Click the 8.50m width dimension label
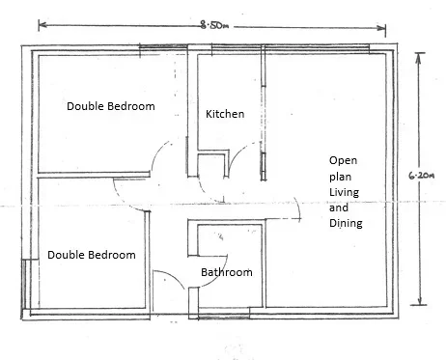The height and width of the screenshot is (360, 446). pos(214,25)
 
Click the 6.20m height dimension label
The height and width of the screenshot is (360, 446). pos(422,176)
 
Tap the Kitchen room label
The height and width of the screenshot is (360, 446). pos(225,114)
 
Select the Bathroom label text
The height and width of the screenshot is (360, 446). pos(227,272)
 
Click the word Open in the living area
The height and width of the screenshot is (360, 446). pos(343,160)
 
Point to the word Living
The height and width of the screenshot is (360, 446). pos(344,192)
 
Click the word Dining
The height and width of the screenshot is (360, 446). pos(346,223)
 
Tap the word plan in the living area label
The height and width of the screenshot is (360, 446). pos(340,177)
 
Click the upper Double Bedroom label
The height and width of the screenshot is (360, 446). pos(111,106)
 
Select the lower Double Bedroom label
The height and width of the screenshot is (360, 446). pos(92,255)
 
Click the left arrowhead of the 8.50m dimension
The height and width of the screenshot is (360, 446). pos(42,25)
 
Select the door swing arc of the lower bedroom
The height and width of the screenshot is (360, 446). pos(124,201)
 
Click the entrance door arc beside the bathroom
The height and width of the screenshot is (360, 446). pos(174,276)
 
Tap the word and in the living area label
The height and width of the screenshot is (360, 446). pos(339,208)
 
